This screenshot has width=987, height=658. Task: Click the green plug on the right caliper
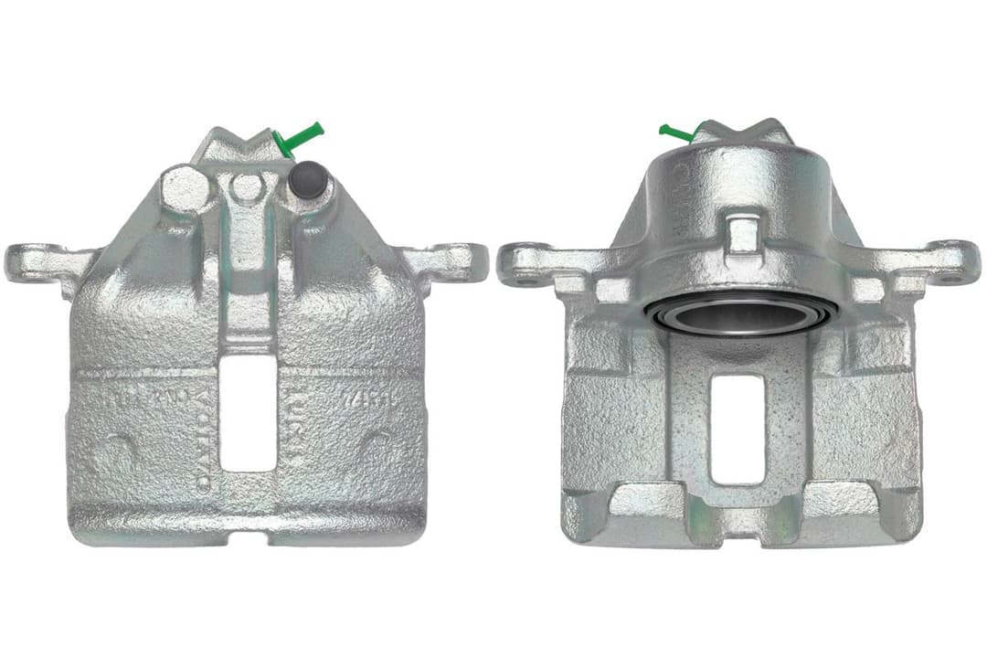point(677,134)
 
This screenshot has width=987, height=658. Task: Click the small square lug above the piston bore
point(743,232)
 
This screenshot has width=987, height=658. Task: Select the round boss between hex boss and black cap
point(247,187)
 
